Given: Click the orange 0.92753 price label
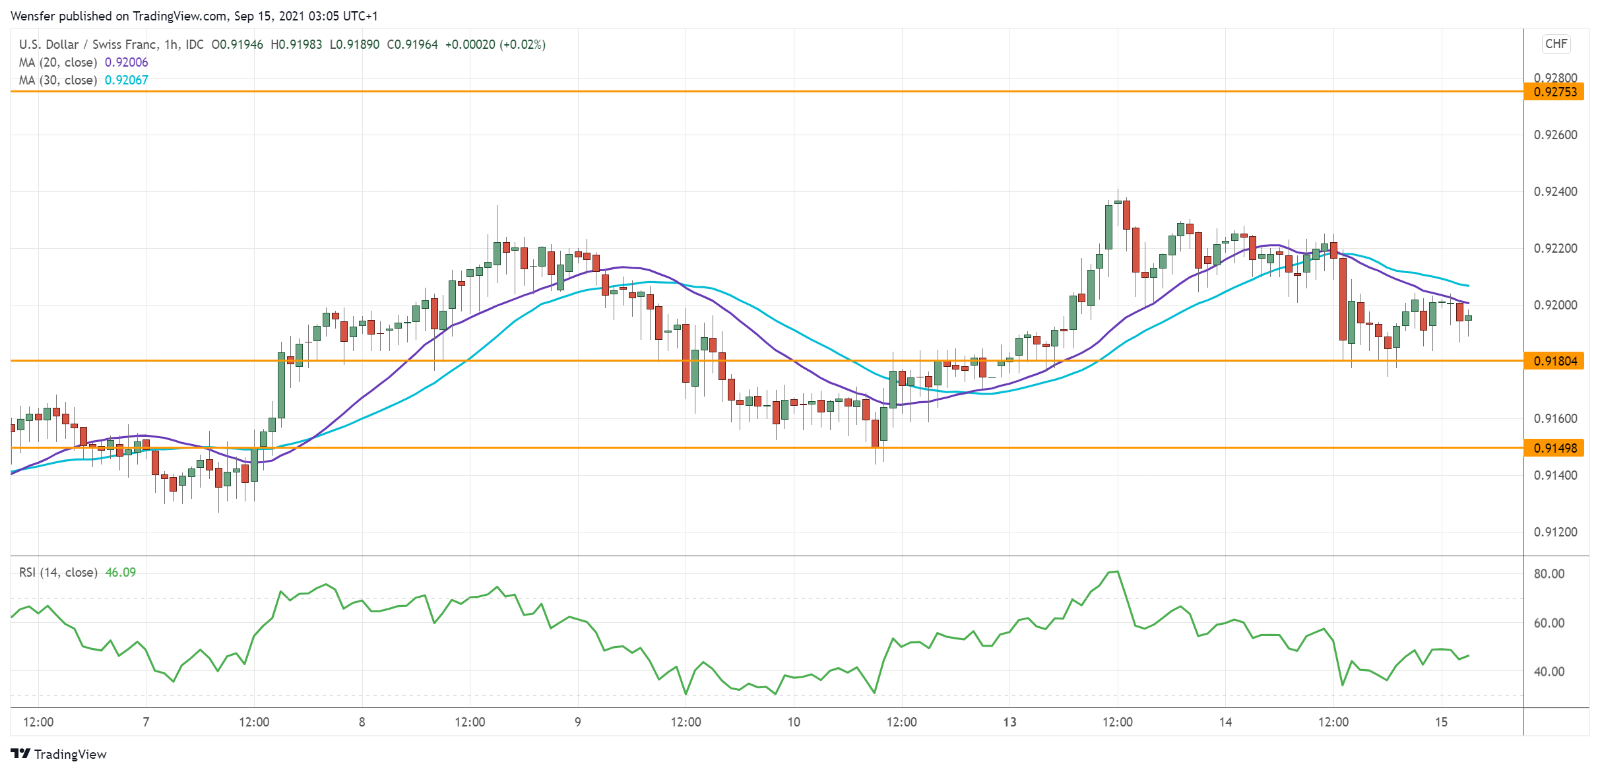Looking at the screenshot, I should tap(1554, 92).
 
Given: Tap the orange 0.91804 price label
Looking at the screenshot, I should tap(1554, 361).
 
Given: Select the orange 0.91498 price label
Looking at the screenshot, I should tap(1554, 448).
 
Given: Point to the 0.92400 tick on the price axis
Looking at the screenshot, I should tap(1555, 192).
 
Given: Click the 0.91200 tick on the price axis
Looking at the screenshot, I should tap(1555, 532).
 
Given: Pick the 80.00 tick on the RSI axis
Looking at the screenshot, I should tap(1549, 574).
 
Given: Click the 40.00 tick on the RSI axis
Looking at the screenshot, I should tap(1549, 672).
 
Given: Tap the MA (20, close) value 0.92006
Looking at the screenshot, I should tap(126, 63).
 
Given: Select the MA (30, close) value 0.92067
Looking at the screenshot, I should tap(126, 80).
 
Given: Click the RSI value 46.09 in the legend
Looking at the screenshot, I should tap(120, 573).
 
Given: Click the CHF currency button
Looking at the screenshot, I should tap(1556, 44).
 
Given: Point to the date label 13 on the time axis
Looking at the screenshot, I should tap(1009, 723).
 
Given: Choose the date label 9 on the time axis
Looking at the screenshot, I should tap(578, 723).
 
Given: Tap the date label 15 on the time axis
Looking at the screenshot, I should tap(1441, 723).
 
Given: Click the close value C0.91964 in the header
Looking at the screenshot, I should tap(412, 45).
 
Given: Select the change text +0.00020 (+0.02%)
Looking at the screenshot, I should tap(495, 45).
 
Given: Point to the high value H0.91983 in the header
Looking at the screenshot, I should tap(296, 45).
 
